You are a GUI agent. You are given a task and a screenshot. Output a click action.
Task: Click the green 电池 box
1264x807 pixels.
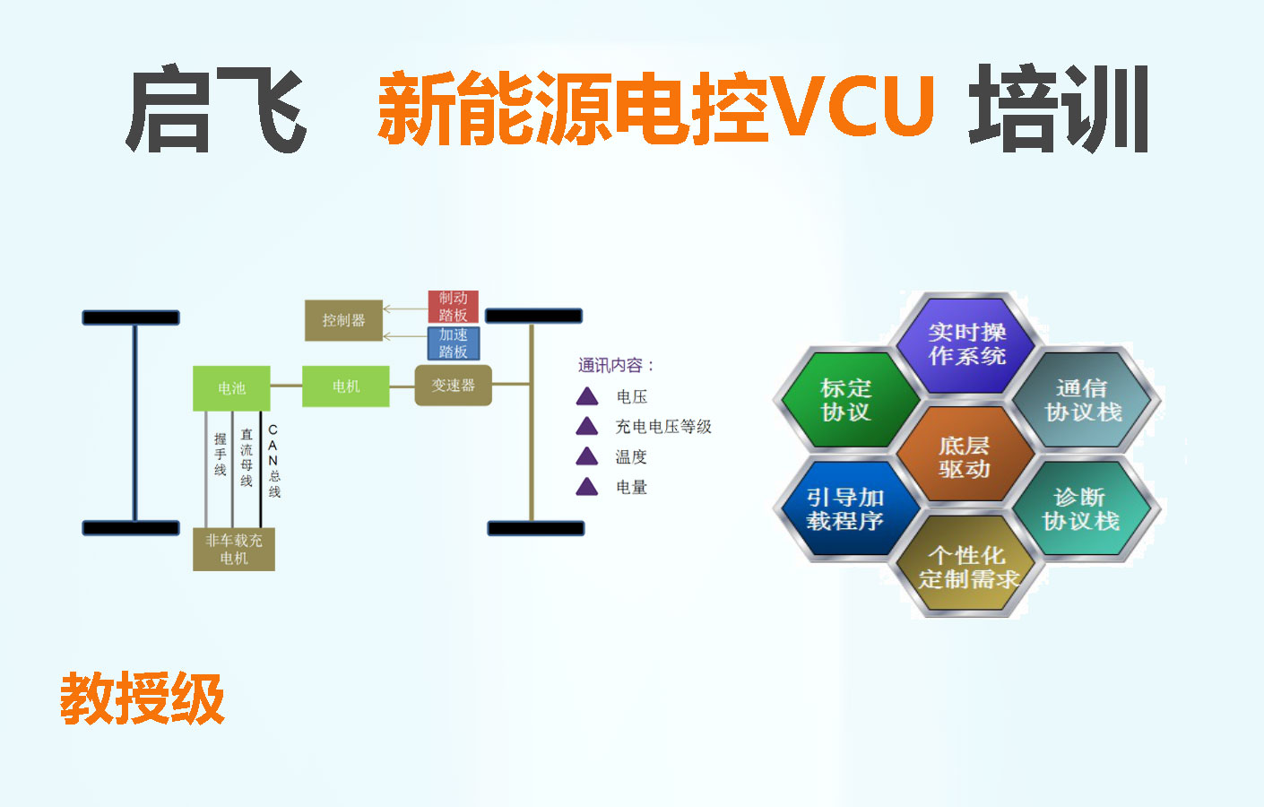pos(231,388)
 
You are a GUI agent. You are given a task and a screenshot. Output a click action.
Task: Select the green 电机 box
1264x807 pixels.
pos(346,386)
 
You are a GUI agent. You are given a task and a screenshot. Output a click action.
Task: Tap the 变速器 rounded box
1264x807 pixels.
pos(453,386)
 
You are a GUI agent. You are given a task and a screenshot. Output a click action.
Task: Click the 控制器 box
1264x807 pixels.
pos(343,320)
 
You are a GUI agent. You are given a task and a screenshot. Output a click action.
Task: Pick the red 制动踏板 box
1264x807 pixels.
pos(453,307)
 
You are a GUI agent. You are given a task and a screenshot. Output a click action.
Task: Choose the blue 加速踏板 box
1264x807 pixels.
pos(454,343)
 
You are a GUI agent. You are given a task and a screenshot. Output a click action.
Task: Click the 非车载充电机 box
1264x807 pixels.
pos(234,550)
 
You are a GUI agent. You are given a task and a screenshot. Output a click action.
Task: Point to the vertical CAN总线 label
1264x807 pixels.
pos(273,461)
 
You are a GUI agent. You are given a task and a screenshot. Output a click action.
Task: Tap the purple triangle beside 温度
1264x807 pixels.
pos(587,456)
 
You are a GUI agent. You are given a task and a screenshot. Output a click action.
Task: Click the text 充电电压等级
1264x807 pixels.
pos(663,427)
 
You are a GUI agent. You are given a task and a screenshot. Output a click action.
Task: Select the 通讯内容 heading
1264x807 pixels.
pos(616,366)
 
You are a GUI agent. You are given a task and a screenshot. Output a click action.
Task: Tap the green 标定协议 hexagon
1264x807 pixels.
pos(847,400)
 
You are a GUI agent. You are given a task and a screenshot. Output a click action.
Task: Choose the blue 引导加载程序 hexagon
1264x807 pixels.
pos(846,508)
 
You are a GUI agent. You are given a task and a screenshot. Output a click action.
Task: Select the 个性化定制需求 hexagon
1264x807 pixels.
pos(967,565)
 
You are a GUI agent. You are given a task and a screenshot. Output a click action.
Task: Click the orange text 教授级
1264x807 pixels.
pos(143,699)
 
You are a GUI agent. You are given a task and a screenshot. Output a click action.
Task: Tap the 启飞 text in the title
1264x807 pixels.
pos(216,108)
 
